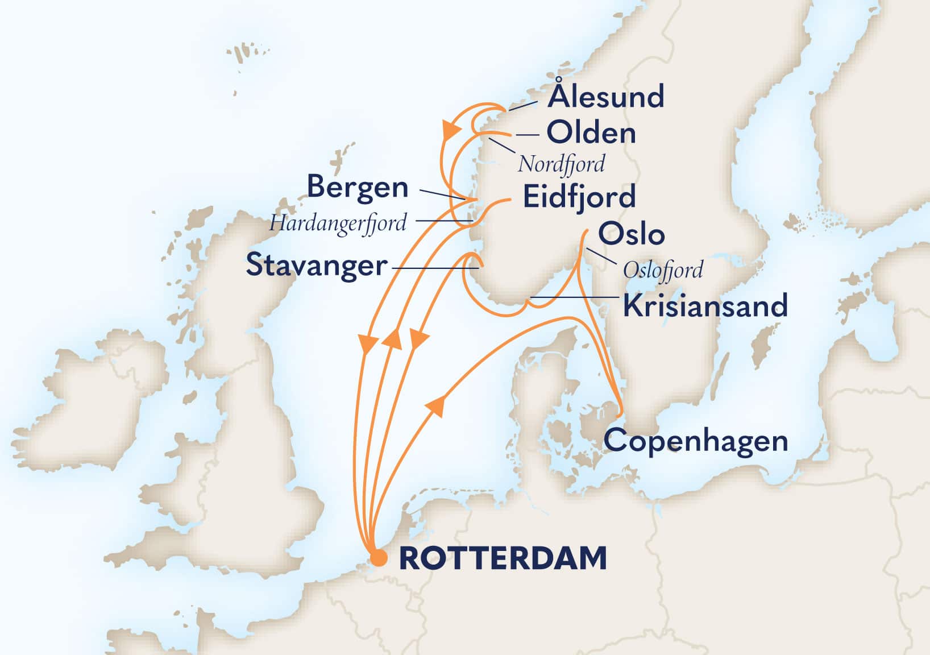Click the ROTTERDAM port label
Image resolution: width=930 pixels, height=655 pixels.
coord(503,558)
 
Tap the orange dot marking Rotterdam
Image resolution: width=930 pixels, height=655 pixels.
coord(378,558)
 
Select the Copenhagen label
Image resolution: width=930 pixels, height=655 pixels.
coord(695,441)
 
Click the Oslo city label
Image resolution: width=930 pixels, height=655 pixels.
coord(631,234)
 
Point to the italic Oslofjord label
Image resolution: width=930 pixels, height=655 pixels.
coord(663,270)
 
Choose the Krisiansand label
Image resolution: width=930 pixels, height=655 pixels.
coord(705,306)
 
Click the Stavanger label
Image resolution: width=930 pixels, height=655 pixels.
coord(316,266)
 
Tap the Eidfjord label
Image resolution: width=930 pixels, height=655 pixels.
coord(579,197)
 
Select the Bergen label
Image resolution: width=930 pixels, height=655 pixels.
coord(358,188)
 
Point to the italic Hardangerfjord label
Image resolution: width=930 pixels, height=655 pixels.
coord(338,223)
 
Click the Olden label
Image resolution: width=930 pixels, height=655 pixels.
coord(591,134)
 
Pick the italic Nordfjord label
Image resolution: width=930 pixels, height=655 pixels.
coord(561,164)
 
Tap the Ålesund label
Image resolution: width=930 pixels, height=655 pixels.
coord(605,97)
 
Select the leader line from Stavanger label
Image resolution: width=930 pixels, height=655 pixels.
coord(435,268)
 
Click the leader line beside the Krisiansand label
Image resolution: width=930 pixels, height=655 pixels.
coord(574,297)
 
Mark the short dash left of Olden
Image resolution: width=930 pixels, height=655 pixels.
coord(527,135)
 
